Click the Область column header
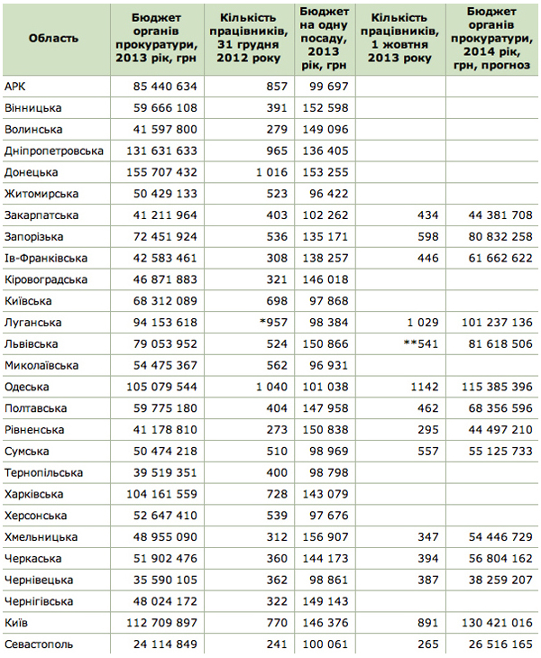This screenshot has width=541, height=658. [x=54, y=38]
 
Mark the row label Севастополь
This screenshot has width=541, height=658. [x=39, y=644]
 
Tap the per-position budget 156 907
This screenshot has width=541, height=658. [x=325, y=537]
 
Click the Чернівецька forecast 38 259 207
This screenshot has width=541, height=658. [x=497, y=580]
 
